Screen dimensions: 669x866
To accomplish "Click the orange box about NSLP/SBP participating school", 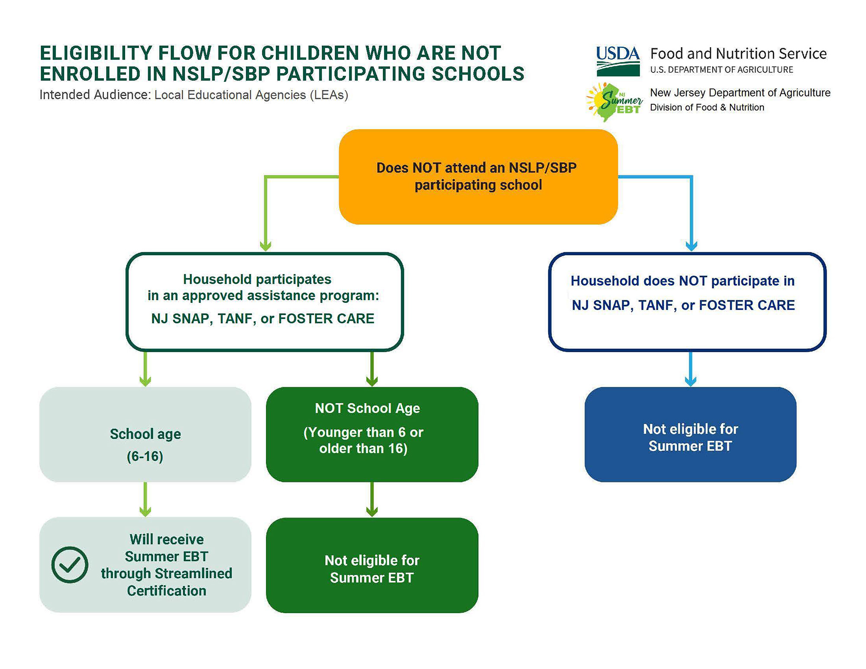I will coord(478,177).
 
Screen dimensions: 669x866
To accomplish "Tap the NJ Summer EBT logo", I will coord(614,102).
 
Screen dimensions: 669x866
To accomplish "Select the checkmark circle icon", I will coord(70,565).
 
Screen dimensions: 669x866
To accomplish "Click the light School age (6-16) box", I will coord(145,434).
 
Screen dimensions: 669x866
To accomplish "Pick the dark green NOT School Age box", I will coord(372,434).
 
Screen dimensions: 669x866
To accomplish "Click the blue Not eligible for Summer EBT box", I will coord(690,434).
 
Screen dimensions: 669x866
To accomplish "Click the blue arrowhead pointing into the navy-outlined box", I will coord(692,246).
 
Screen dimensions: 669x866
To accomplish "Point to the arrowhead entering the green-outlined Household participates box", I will coord(265,246).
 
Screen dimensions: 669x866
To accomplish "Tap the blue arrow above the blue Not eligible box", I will coord(691,369).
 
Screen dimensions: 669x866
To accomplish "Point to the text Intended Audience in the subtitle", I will coord(95,95).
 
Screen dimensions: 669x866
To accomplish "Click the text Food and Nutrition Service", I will coord(738,54).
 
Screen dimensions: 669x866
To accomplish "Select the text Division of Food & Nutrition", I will coord(707,107).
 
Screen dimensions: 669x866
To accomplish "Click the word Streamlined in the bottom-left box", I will coord(193,573).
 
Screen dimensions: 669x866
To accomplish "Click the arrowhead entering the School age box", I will coord(145,381).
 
